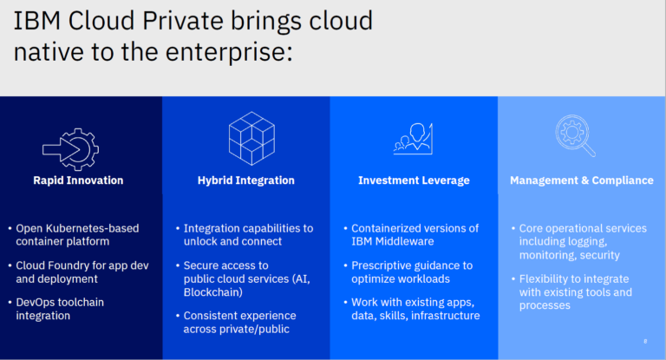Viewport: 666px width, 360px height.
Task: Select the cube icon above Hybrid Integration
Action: (x=251, y=136)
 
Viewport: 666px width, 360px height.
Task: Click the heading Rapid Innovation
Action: (x=78, y=180)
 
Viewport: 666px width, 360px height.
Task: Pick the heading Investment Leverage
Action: (x=414, y=180)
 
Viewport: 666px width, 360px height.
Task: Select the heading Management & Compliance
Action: (x=581, y=180)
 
